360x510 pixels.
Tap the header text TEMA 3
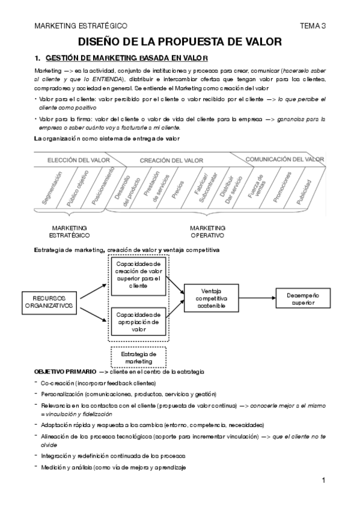(x=312, y=26)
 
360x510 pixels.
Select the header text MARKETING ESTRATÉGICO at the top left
(x=81, y=26)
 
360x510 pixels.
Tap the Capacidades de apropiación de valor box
(x=139, y=322)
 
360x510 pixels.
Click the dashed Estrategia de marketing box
(x=139, y=357)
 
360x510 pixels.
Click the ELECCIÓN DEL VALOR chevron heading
(x=72, y=160)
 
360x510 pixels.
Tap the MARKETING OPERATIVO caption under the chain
(x=207, y=232)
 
